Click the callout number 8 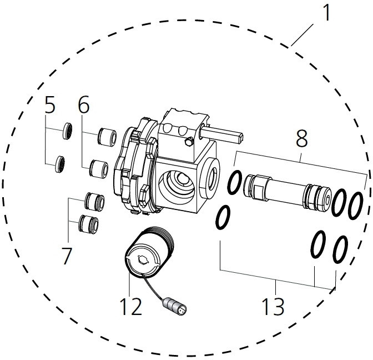(x=301, y=139)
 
